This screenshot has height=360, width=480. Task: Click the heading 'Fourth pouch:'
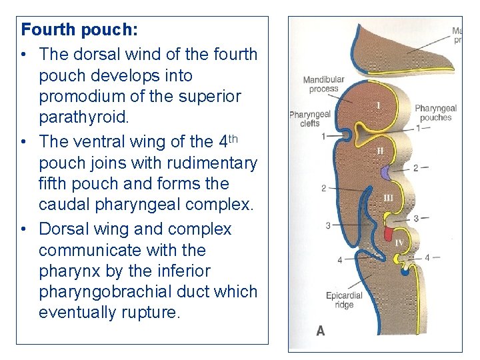click(79, 30)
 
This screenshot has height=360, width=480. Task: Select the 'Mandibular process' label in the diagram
click(323, 85)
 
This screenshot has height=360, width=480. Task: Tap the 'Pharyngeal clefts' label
click(309, 119)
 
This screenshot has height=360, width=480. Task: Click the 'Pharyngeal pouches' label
click(436, 113)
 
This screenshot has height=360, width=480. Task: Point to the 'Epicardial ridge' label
click(343, 300)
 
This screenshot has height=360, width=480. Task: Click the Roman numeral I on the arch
click(378, 105)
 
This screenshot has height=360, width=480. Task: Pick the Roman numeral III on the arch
click(389, 197)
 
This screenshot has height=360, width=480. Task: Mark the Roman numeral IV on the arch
click(399, 243)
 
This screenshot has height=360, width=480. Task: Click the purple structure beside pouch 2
click(385, 173)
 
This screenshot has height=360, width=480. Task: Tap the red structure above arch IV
click(388, 234)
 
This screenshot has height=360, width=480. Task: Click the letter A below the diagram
click(321, 331)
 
